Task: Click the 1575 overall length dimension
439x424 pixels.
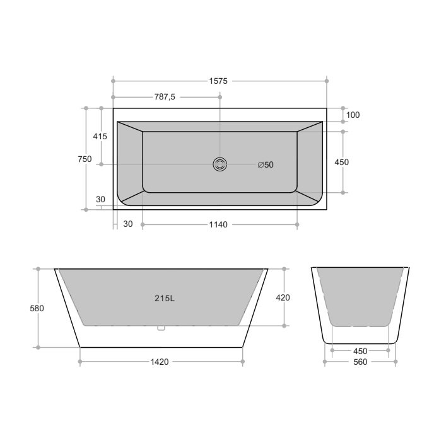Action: [x=218, y=81]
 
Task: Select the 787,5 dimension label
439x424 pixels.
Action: [x=165, y=97]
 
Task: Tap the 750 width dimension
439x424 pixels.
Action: [x=85, y=159]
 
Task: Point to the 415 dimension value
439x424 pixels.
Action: [x=100, y=137]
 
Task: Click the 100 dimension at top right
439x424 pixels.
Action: [x=353, y=115]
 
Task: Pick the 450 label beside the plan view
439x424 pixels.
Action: [x=342, y=162]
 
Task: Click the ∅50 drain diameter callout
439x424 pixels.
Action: [x=266, y=164]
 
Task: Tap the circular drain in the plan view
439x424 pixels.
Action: [x=220, y=164]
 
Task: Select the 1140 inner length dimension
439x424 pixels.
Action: [x=218, y=224]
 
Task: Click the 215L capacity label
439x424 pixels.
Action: [x=165, y=299]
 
